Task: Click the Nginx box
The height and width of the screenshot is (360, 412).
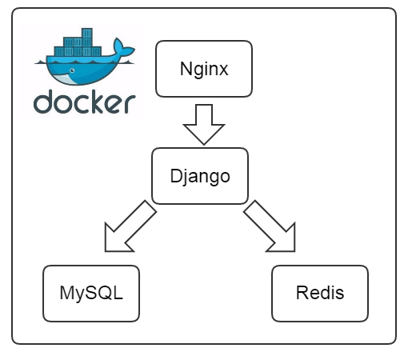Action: pyautogui.click(x=204, y=69)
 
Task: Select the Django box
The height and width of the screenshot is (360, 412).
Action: pyautogui.click(x=200, y=176)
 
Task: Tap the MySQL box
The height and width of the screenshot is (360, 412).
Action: pyautogui.click(x=91, y=294)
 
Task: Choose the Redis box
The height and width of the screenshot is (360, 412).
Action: pyautogui.click(x=320, y=294)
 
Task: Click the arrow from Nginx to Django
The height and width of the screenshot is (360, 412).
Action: pyautogui.click(x=204, y=125)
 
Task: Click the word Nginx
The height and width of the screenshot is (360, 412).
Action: pyautogui.click(x=204, y=70)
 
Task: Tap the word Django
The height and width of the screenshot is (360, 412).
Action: pyautogui.click(x=200, y=177)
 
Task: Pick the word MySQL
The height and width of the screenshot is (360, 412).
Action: pyautogui.click(x=91, y=294)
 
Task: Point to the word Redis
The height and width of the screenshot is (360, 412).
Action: pyautogui.click(x=320, y=293)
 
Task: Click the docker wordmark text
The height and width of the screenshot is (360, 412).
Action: pyautogui.click(x=85, y=102)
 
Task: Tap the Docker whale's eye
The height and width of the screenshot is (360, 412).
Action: pyautogui.click(x=72, y=70)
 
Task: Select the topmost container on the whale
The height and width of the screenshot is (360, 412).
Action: pyautogui.click(x=87, y=33)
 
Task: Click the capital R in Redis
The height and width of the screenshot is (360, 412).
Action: pyautogui.click(x=302, y=293)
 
